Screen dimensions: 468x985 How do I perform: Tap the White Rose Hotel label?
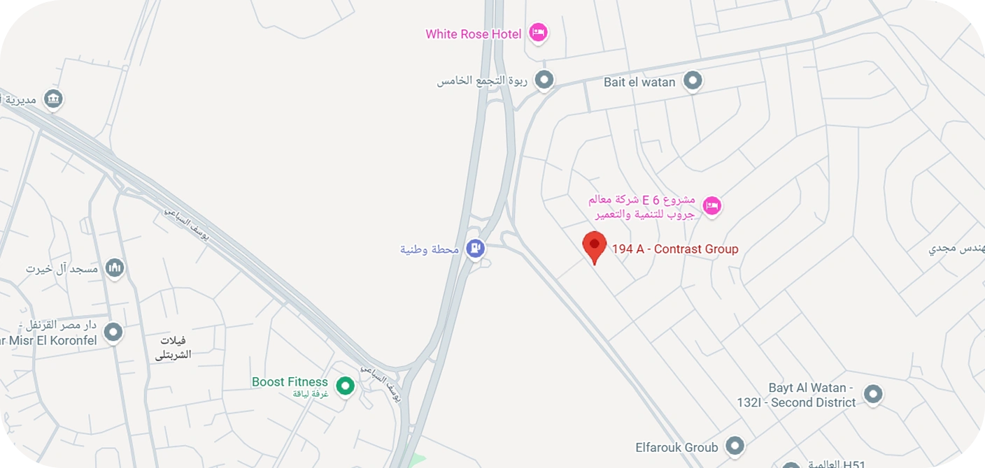click(x=474, y=34)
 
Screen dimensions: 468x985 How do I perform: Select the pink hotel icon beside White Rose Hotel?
click(x=537, y=32)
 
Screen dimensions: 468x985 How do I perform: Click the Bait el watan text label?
click(x=639, y=82)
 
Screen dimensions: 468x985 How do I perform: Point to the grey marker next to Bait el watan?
click(x=693, y=81)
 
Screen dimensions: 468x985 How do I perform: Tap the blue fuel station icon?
click(x=476, y=247)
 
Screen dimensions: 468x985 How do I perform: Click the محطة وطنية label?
click(x=430, y=249)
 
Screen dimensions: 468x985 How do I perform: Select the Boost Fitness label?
click(x=290, y=382)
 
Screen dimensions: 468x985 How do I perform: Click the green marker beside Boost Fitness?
click(x=345, y=386)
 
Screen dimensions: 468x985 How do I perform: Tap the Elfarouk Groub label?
click(x=676, y=447)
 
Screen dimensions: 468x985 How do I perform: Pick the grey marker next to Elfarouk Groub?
click(x=734, y=445)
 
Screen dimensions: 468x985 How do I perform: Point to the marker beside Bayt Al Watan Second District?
click(x=872, y=395)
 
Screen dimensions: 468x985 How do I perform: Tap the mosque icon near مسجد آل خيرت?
click(x=114, y=268)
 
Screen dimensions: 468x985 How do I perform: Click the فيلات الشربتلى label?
click(x=173, y=347)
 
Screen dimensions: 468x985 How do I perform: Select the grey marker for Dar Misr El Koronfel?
click(x=113, y=332)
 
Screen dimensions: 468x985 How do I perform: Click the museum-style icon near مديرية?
click(x=53, y=99)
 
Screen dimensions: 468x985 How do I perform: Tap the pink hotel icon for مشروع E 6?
click(x=712, y=206)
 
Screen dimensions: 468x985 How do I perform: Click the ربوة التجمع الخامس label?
click(x=482, y=81)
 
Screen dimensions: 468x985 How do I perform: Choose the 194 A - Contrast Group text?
click(x=675, y=249)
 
